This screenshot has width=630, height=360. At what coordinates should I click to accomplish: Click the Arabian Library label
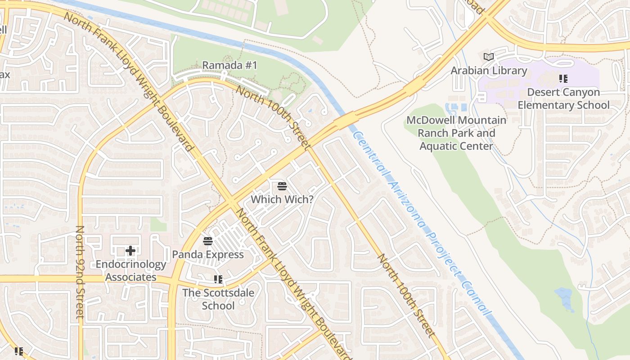[x=489, y=71]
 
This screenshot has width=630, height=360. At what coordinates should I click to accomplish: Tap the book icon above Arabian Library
[x=488, y=57]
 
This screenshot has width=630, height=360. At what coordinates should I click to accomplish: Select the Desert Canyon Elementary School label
[x=563, y=99]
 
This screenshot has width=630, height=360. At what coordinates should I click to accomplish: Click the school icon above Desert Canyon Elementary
[x=563, y=79]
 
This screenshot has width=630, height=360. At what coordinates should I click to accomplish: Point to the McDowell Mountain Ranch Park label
[x=456, y=133]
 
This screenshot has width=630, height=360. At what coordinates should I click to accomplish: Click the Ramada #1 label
[x=229, y=65]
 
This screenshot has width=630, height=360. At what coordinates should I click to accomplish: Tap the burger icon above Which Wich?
[x=282, y=185]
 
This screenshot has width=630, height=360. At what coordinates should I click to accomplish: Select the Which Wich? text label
[x=282, y=199]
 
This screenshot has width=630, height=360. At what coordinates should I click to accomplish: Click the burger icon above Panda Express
[x=207, y=241]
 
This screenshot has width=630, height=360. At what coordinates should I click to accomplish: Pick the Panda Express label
[x=208, y=255]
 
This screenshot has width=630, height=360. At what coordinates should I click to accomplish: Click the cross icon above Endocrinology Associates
[x=130, y=250]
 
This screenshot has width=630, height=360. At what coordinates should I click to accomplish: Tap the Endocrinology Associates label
[x=130, y=270]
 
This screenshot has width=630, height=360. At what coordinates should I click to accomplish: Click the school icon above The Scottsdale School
[x=218, y=279]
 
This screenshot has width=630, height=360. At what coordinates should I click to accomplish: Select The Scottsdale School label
[x=218, y=299]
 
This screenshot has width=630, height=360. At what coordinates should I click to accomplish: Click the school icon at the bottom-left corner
[x=18, y=351]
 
